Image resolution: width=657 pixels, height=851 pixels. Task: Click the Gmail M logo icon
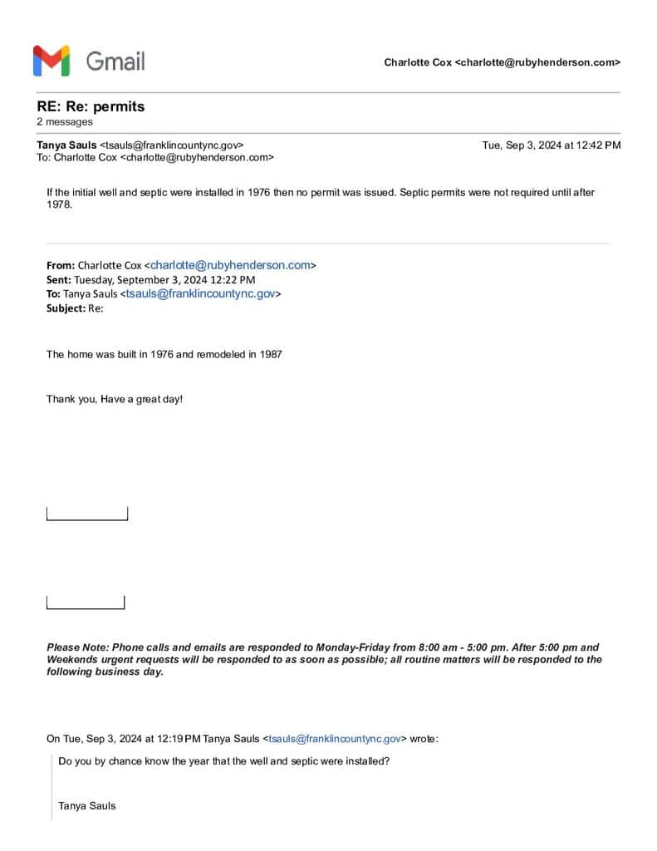pos(51,61)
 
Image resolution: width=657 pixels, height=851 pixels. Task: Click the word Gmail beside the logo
pos(115,61)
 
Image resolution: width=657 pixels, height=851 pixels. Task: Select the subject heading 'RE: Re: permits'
pos(91,106)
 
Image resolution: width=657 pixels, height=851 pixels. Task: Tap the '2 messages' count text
pos(65,122)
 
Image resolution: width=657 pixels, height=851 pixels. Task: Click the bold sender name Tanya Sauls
pos(66,145)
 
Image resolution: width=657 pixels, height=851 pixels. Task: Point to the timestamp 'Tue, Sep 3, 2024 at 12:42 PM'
pos(551,145)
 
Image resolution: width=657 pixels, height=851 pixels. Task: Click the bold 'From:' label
pos(61,266)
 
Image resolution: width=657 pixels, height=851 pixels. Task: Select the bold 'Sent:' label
pos(59,280)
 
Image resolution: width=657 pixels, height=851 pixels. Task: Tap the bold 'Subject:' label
pos(66,307)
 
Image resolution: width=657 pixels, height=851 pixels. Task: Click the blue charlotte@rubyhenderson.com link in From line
pos(230,265)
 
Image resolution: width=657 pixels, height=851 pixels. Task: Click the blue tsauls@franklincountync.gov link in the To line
pos(200,293)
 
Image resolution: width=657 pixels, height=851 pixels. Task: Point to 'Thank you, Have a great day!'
pos(115,399)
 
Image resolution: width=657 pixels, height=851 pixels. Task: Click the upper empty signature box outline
pos(87,514)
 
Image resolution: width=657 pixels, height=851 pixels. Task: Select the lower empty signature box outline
pos(86,603)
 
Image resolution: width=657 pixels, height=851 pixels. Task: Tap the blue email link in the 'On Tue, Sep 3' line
pos(336,738)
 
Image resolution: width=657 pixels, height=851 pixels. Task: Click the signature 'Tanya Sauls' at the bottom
pos(87,805)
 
